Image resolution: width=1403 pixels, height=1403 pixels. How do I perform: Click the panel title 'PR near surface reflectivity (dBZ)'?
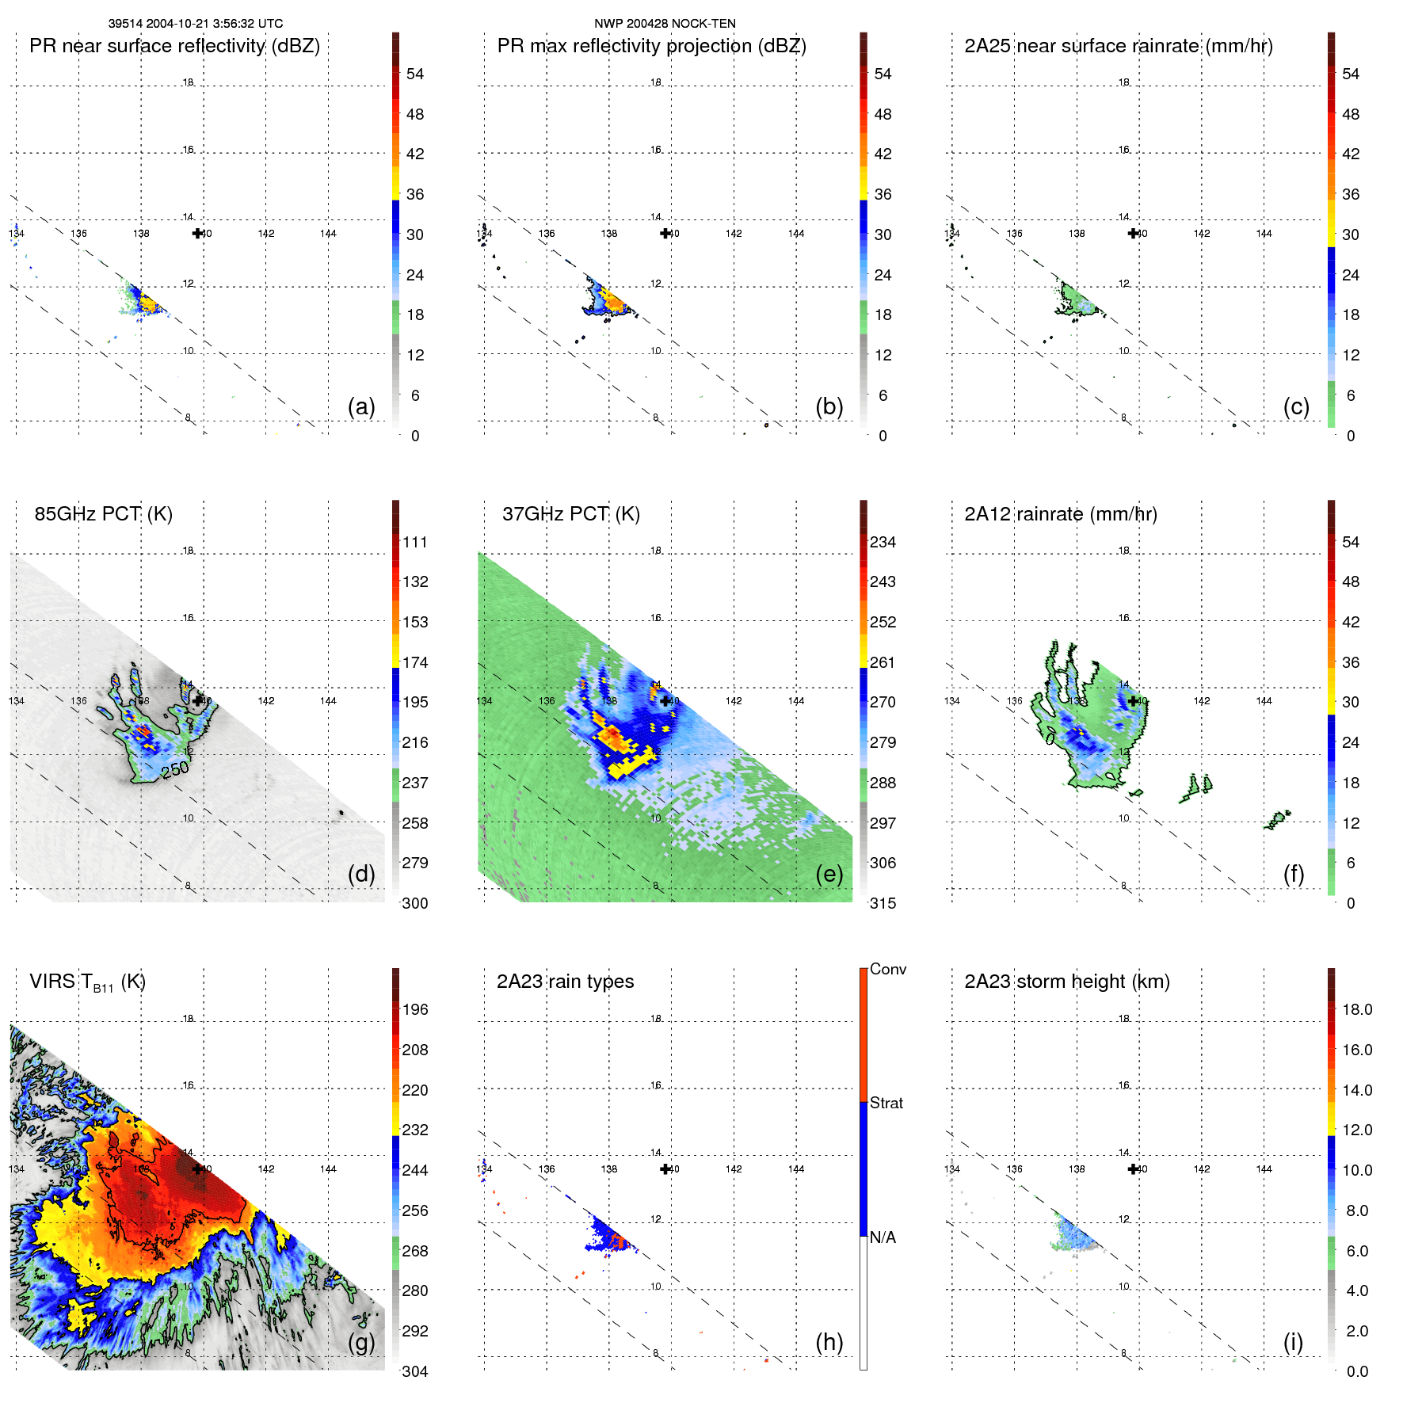coord(174,46)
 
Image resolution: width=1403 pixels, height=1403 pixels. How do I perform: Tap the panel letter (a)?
coord(361,406)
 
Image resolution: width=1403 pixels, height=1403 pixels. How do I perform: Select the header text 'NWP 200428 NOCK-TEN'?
coord(665,24)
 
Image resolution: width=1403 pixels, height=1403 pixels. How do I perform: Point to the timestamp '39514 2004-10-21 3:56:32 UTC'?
coord(196,24)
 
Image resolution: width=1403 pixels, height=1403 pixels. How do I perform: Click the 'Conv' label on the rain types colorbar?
coord(887,969)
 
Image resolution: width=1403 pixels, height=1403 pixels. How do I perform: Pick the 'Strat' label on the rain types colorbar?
coord(886,1103)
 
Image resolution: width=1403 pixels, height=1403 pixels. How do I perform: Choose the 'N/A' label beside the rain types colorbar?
coord(883,1237)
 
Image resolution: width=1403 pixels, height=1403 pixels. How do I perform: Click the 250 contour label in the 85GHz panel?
coord(175,768)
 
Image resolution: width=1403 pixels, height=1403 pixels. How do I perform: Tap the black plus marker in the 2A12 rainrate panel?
coord(1134,700)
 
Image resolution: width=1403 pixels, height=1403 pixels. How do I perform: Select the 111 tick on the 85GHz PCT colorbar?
coord(414,542)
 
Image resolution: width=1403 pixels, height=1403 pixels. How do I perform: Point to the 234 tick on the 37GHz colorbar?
coord(883,542)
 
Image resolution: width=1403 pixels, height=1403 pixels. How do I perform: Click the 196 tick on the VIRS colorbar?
coord(414,1009)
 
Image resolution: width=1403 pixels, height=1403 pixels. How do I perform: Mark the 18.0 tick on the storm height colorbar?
coord(1357,1009)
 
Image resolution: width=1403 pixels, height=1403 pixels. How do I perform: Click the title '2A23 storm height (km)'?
coord(1066,982)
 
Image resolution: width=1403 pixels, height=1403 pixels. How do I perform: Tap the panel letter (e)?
coord(829,874)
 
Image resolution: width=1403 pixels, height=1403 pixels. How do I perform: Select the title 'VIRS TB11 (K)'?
coord(87,982)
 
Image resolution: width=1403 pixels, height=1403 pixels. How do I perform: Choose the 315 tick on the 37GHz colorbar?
coord(883,903)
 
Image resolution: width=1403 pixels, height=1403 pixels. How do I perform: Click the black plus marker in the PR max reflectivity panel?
coord(665,233)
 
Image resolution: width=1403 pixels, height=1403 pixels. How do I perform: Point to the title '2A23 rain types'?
coord(565,982)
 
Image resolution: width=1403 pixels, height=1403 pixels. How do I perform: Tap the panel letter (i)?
coord(1293,1342)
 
